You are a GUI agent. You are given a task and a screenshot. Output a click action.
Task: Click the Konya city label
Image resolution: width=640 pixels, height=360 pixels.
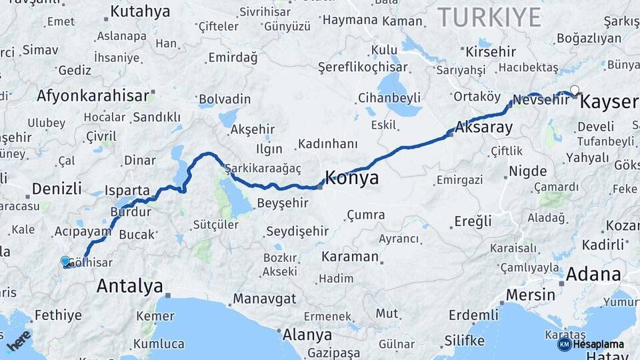coord(352,177)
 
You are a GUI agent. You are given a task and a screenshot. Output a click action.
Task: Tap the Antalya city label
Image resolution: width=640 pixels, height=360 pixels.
coord(129,286)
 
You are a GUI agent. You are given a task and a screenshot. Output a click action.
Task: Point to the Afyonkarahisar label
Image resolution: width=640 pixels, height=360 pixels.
coord(92,95)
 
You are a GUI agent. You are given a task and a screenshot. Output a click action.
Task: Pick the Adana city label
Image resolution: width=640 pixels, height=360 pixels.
coord(593,274)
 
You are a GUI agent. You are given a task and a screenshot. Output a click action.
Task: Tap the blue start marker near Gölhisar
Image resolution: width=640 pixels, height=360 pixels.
coord(65,261)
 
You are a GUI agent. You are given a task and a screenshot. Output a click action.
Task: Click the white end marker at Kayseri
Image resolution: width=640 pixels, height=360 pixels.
coord(574,90)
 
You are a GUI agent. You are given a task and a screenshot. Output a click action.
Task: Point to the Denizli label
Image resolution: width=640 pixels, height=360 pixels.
coord(57,188)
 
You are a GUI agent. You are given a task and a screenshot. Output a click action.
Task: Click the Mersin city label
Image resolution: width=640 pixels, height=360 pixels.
coord(531,294)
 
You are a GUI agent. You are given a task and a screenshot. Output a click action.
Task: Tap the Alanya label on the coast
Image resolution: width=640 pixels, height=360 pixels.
coord(307,333)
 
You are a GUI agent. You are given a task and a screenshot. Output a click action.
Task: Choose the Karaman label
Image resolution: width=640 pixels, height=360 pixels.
coord(349,257)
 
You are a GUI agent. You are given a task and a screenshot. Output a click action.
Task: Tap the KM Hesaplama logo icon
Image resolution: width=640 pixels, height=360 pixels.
coord(564,344)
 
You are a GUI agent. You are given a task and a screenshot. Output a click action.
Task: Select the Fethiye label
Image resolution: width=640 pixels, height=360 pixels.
coord(58,315)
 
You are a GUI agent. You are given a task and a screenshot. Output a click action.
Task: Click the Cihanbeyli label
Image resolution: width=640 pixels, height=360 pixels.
coord(389,98)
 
